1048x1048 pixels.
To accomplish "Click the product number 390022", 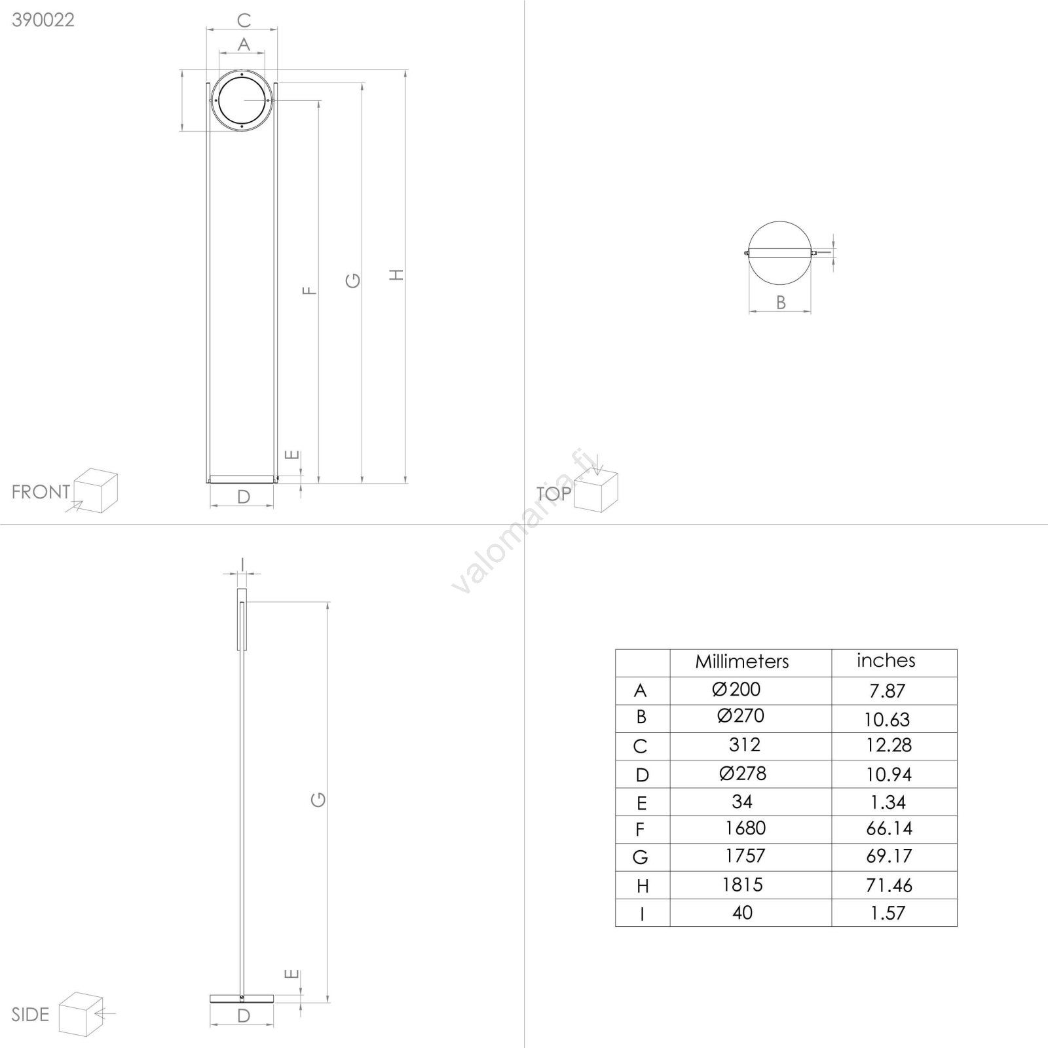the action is coord(43,20).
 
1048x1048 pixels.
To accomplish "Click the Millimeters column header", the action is coord(742,662).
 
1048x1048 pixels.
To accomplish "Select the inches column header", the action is coord(886,660).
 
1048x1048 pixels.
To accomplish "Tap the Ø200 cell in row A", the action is coord(736,689).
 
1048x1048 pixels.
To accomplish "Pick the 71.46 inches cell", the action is coord(889,886).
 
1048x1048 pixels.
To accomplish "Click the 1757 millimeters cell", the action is coord(745,856).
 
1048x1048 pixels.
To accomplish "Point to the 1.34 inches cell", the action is coord(888,802).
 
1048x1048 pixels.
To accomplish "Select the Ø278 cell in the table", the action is coord(743,774).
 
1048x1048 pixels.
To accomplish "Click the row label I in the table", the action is coord(642,914).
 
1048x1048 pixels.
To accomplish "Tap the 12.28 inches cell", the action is coord(889,745).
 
